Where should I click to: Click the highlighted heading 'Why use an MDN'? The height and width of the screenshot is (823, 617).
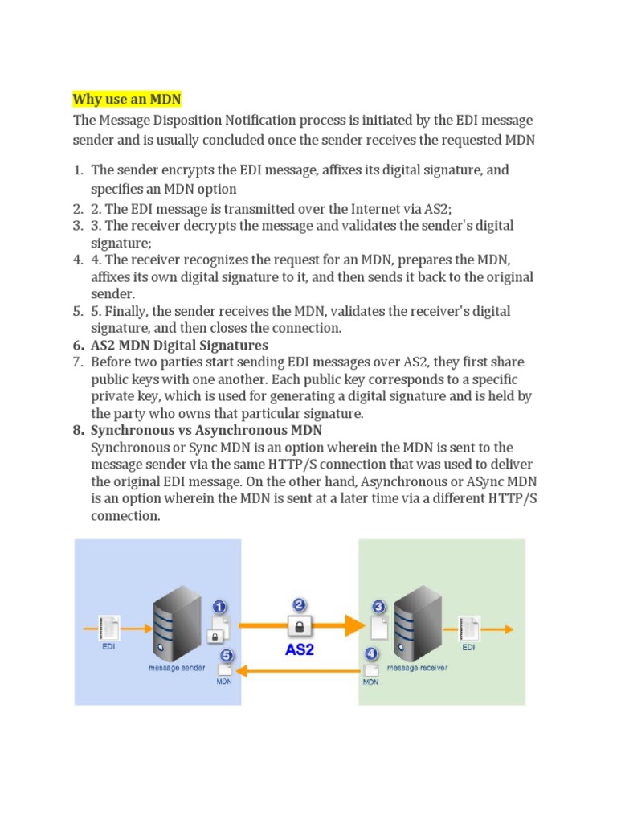[x=127, y=100]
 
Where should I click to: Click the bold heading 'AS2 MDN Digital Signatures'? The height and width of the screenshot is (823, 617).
[x=180, y=346]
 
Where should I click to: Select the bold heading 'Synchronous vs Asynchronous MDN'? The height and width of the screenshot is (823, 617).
[x=206, y=430]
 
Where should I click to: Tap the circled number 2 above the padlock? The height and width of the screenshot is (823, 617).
[x=299, y=604]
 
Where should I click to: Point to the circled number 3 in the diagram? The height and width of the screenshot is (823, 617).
[x=379, y=607]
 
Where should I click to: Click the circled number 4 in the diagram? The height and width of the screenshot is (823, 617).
[x=371, y=653]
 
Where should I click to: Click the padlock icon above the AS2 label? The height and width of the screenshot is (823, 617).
[x=299, y=624]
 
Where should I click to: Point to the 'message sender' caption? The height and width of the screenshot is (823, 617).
[x=177, y=667]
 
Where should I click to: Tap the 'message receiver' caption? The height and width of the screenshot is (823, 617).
[x=418, y=667]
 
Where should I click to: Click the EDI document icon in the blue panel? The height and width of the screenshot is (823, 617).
[x=109, y=626]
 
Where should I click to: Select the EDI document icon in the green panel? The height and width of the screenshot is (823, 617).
[x=469, y=627]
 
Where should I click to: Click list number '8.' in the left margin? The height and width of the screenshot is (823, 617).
[x=79, y=430]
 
